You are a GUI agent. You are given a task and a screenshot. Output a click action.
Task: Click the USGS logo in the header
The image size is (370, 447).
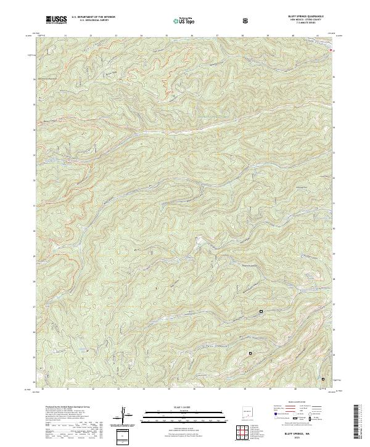coord(56,21)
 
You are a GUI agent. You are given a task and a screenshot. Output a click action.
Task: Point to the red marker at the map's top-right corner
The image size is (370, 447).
coord(334,51)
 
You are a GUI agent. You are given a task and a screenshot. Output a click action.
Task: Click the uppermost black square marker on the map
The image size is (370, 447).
coord(261,311)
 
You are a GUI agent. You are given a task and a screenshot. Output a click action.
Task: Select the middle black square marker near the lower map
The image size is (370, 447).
coord(250,353)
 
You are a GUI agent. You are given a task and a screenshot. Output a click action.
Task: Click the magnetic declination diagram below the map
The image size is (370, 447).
coord(124,414)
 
